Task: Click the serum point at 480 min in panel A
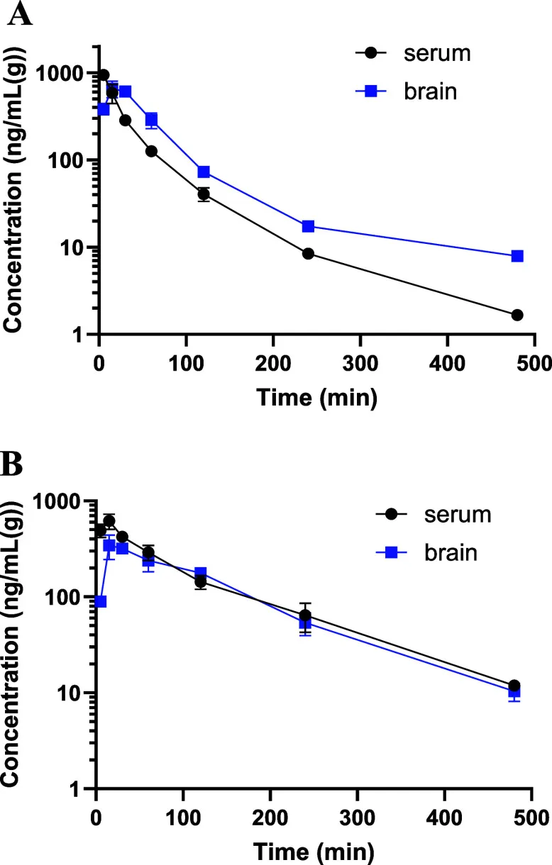pos(517,315)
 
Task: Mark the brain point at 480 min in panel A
pos(517,256)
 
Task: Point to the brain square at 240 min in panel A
pos(308,226)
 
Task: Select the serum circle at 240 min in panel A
pos(308,253)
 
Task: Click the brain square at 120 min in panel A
pos(204,172)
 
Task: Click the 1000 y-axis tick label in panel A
pos(65,73)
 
